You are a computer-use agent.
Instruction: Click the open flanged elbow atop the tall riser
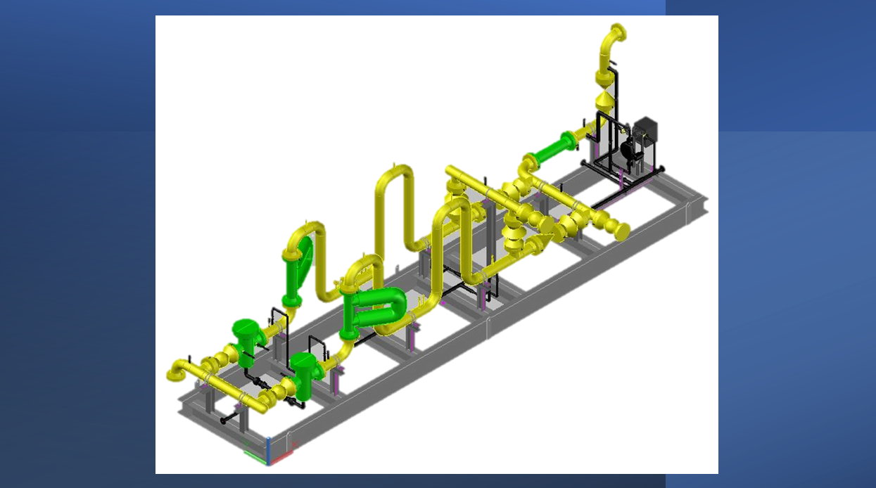(615, 34)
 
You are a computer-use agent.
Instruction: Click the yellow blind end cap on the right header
(621, 229)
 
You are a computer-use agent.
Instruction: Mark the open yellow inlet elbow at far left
(177, 370)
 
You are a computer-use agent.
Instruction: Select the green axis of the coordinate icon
(255, 456)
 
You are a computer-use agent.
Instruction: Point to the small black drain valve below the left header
(225, 420)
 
